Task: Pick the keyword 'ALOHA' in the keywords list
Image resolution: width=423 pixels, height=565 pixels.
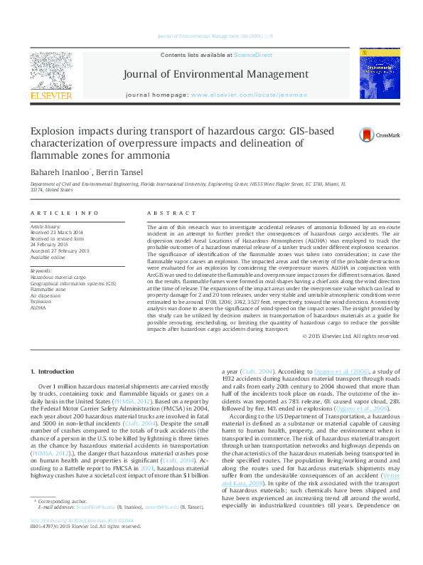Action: click(38, 308)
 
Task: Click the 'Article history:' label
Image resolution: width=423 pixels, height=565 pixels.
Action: click(46, 226)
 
